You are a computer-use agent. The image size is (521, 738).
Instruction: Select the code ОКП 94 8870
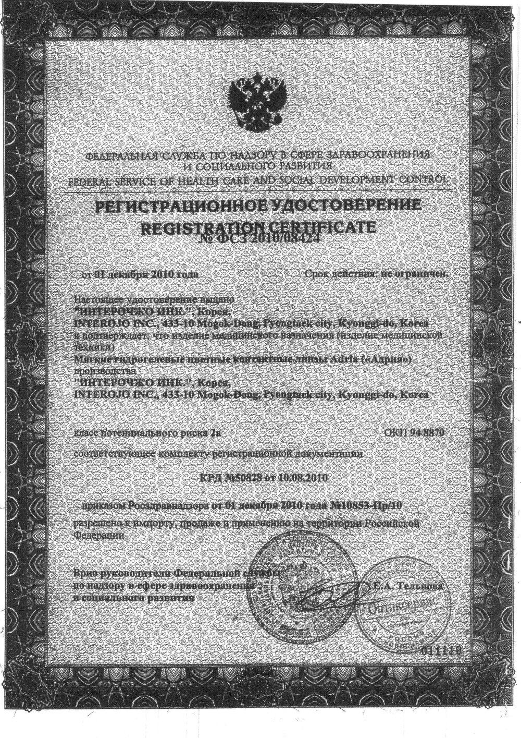(414, 433)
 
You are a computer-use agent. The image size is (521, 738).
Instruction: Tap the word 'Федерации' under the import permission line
(100, 535)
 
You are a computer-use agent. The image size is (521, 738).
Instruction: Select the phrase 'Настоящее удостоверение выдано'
(155, 300)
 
